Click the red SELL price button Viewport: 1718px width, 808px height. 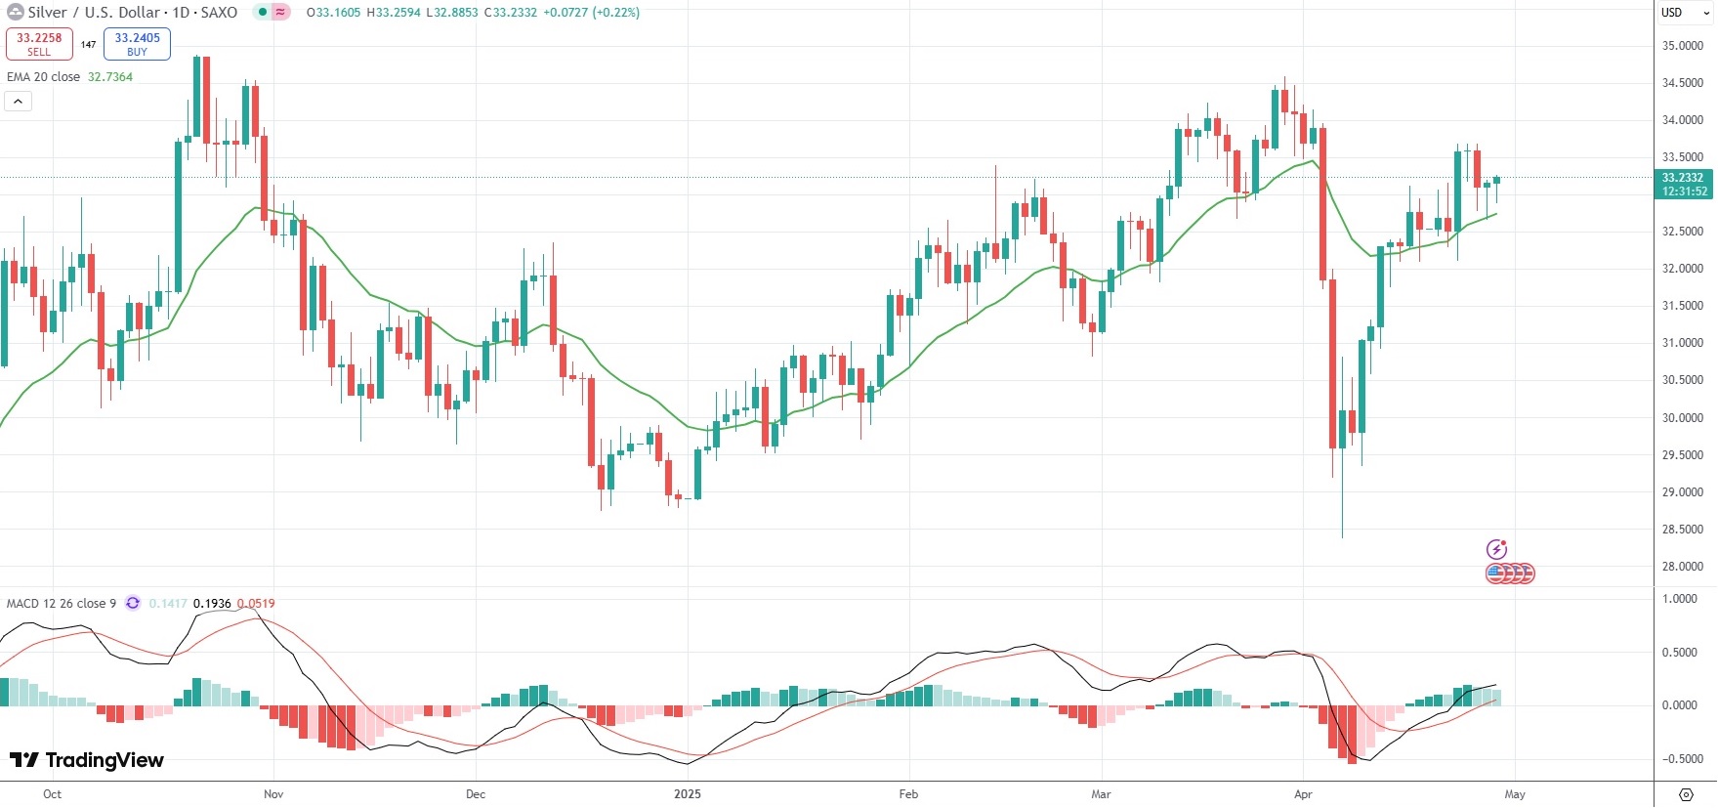coord(39,44)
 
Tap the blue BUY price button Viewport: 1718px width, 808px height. coord(137,44)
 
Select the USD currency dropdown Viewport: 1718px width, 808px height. coord(1686,13)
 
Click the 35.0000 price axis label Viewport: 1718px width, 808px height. coord(1683,46)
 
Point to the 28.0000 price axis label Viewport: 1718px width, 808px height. coord(1683,567)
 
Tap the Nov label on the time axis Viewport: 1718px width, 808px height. coord(273,794)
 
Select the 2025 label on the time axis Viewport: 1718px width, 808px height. coord(688,794)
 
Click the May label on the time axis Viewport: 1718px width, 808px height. coord(1515,794)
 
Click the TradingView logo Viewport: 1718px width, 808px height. coord(87,760)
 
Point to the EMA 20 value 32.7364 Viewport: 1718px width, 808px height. coord(110,77)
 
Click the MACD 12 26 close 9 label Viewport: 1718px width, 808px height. coord(62,604)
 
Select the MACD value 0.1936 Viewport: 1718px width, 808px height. coord(212,604)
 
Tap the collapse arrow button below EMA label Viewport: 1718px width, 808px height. coord(18,101)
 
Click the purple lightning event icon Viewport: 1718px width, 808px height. coord(1496,549)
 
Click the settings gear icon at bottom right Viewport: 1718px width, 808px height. coord(1686,794)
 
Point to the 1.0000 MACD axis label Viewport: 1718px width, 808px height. coord(1680,599)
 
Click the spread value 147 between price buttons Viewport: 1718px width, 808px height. coord(89,45)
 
